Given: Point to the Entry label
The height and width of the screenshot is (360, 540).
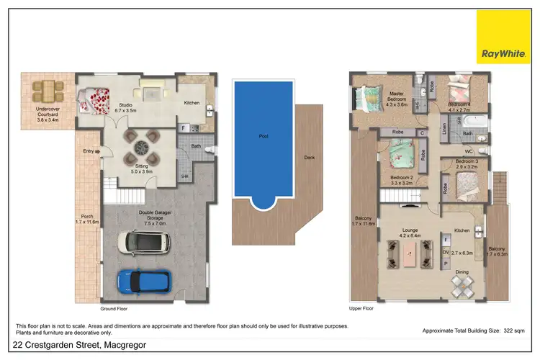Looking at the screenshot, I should (89, 150).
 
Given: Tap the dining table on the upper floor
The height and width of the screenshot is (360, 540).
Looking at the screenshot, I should (462, 287).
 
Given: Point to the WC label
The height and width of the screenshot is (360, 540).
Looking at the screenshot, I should (469, 150).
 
